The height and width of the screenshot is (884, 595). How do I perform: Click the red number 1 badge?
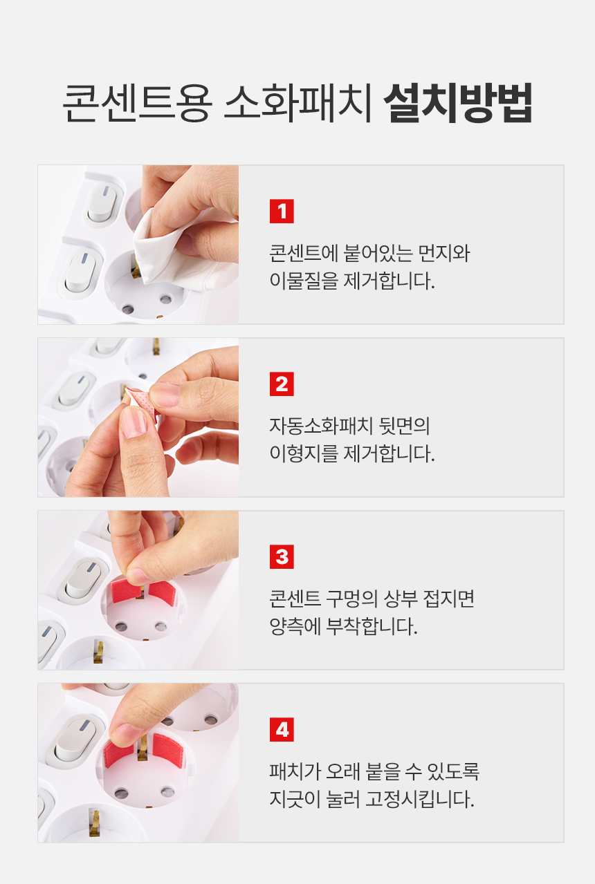(x=282, y=211)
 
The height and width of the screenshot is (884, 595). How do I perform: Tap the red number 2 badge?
(x=282, y=384)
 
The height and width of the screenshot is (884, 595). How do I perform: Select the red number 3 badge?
(x=282, y=556)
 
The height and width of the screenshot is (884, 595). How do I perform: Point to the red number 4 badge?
(x=282, y=729)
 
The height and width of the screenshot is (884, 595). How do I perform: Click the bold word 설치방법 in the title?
(x=458, y=102)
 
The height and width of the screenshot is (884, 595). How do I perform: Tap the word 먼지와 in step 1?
(x=443, y=253)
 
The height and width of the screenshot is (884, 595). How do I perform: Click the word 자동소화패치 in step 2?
(x=321, y=426)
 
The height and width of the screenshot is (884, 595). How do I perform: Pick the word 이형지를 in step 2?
(x=304, y=453)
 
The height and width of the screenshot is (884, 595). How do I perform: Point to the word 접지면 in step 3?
(x=448, y=599)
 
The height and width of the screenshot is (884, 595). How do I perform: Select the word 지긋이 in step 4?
(x=295, y=799)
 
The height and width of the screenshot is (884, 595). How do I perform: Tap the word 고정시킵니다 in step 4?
(x=419, y=799)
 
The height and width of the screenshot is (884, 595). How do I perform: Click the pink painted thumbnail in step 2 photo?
(x=133, y=422)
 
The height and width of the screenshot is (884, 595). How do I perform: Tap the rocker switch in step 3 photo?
(x=84, y=580)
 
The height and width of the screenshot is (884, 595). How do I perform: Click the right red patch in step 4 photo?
(x=167, y=751)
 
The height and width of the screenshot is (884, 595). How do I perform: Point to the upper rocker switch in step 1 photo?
(x=102, y=205)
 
